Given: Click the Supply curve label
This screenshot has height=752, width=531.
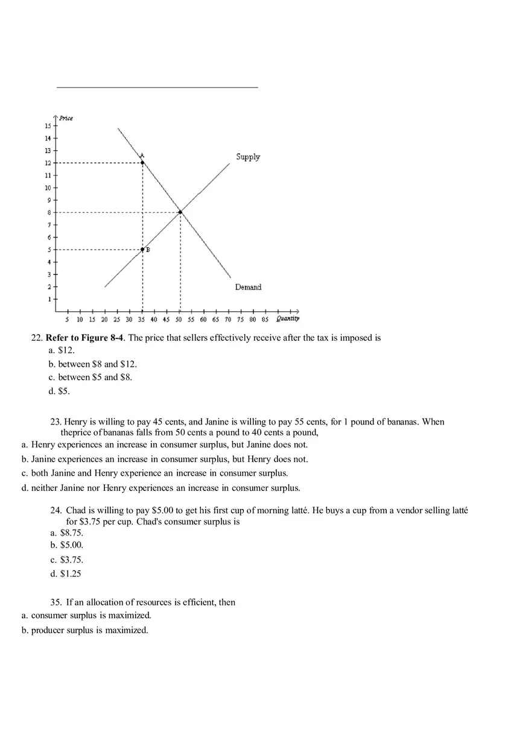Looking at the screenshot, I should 248,157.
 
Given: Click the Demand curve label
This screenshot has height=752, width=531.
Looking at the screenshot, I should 248,287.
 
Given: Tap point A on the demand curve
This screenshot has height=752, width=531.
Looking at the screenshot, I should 142,162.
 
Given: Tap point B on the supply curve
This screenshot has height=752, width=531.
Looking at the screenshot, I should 142,249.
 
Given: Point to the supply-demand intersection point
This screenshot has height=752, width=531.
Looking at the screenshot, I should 180,212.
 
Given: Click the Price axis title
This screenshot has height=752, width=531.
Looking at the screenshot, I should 66,118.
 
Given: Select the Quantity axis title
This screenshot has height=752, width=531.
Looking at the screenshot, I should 287,318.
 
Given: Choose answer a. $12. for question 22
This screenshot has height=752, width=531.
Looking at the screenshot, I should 62,350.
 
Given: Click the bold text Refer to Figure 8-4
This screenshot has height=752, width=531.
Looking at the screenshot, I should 84,338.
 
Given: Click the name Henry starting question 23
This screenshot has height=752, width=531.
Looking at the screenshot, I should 75,422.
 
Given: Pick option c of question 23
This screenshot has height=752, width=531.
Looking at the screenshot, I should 154,473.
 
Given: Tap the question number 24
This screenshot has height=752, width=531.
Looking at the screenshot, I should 56,511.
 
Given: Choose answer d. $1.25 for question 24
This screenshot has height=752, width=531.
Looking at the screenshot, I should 66,573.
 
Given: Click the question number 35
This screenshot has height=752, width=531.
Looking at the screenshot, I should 56,602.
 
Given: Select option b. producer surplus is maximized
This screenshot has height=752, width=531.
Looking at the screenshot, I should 85,630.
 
